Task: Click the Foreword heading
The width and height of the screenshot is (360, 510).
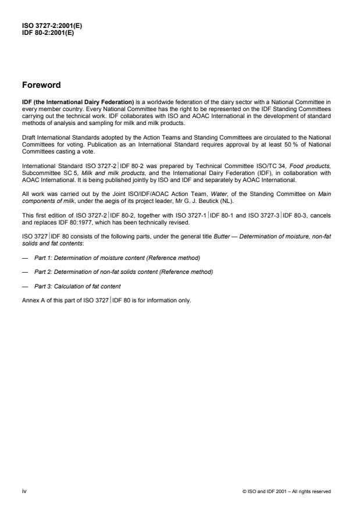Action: tap(41, 85)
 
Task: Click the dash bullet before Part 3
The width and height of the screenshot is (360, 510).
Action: tap(26, 270)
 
